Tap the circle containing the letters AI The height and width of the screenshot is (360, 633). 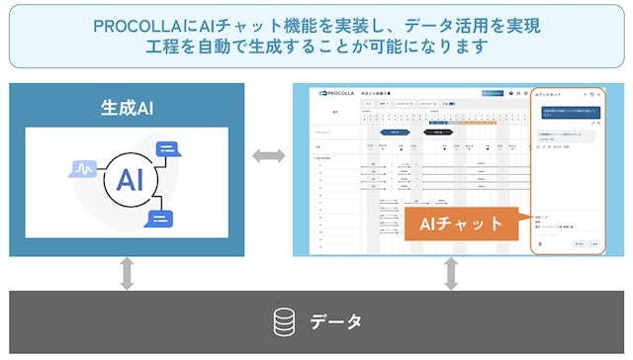(125, 179)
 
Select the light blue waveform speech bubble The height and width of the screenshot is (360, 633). (82, 170)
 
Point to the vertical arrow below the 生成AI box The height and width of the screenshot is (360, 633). (127, 274)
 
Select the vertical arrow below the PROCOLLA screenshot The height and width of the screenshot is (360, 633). (452, 274)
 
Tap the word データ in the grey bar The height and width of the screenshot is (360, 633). (337, 321)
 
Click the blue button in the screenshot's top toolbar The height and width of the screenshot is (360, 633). (494, 93)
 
